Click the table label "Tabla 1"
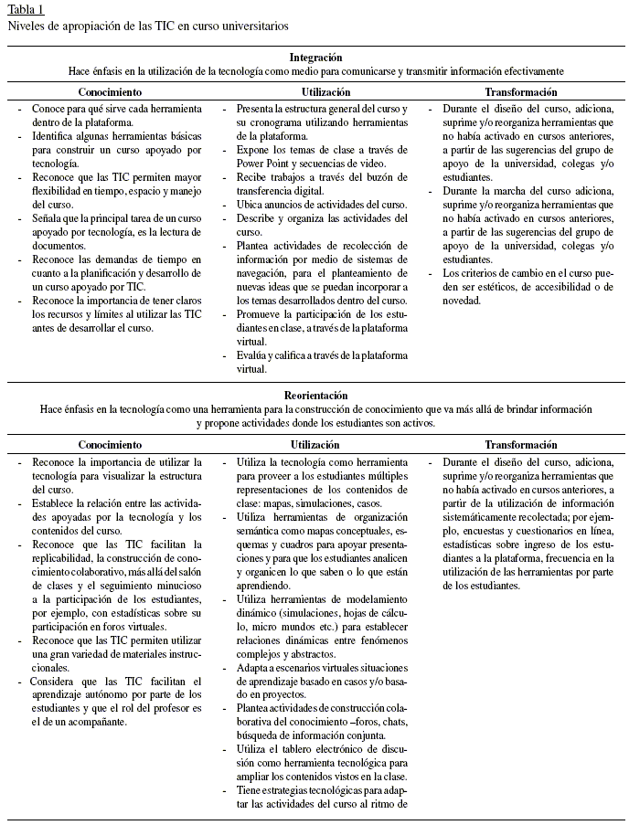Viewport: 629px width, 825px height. click(26, 9)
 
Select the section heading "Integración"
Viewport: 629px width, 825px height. click(315, 57)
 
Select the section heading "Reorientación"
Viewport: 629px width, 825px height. click(315, 395)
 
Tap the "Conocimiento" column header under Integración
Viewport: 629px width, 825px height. click(110, 92)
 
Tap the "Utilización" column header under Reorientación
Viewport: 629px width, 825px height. click(314, 445)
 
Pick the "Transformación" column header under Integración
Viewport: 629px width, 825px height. click(520, 92)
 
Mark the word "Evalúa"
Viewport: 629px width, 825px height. click(253, 355)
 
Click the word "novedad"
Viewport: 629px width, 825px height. click(462, 301)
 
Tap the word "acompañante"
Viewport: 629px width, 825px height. click(95, 721)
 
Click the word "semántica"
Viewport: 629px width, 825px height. click(260, 531)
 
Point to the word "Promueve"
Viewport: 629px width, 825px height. click(262, 313)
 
